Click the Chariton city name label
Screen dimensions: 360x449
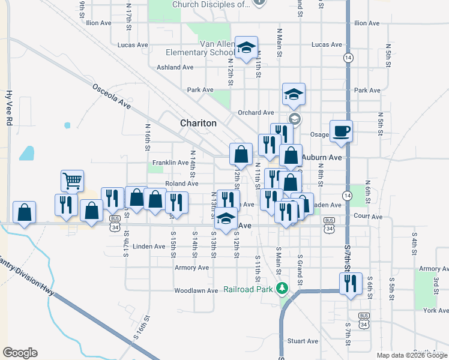(198, 123)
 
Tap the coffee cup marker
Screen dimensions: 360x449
(341, 130)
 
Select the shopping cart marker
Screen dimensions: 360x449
(72, 179)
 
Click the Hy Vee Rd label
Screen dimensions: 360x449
(8, 107)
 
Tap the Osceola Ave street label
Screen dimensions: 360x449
(112, 96)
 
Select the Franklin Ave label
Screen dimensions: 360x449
(170, 163)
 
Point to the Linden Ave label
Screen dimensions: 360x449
(149, 247)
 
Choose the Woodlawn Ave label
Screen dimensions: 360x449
(196, 291)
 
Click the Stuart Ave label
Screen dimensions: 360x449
(303, 341)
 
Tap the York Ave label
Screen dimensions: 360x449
(435, 311)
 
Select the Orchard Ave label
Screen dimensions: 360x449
(256, 113)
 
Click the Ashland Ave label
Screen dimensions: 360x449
(176, 68)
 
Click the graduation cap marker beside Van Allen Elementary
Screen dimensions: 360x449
(246, 47)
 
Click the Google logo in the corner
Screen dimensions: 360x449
(20, 353)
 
